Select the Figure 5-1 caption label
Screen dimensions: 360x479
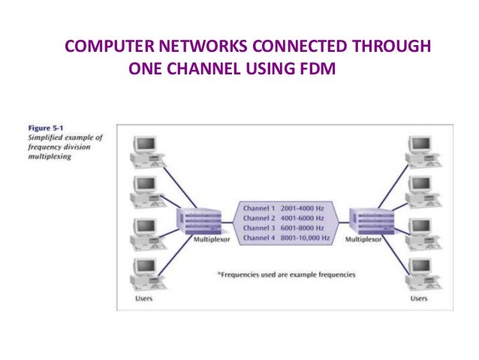[35, 128]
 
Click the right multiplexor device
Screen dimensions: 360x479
[366, 220]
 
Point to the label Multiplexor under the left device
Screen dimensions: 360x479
[201, 240]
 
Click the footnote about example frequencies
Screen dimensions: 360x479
[286, 275]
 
